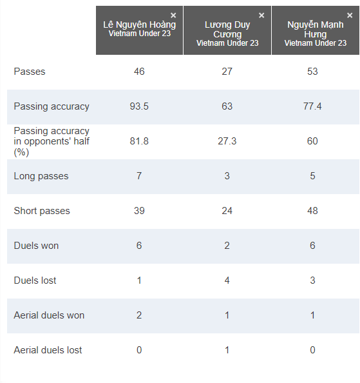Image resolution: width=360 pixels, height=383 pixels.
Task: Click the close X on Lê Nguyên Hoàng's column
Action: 173,15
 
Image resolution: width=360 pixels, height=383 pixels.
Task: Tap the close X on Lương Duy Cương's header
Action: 261,15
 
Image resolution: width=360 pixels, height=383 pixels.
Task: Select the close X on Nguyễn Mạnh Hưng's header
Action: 350,15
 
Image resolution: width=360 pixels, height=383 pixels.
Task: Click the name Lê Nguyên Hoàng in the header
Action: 140,25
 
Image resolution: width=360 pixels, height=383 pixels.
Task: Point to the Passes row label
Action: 30,72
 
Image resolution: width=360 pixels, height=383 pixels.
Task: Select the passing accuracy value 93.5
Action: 139,106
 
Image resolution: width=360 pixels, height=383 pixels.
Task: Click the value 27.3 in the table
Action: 227,141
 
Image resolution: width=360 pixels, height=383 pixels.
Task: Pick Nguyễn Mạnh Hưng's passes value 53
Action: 312,72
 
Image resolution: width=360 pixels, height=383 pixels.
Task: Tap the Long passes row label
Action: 41,176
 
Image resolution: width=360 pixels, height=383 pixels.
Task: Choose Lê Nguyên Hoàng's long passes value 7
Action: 139,176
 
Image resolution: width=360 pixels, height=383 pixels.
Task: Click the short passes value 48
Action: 312,211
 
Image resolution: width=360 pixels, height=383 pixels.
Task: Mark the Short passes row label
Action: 42,211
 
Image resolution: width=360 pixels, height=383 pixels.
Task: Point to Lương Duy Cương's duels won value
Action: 227,246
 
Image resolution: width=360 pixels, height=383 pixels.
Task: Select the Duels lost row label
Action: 35,280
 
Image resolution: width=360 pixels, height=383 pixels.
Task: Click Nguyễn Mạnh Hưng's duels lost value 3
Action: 312,280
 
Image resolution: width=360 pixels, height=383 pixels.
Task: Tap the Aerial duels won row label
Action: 49,315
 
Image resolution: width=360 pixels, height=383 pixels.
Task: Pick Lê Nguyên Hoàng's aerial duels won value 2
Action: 139,315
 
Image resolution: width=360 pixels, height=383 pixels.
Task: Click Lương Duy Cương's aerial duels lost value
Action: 227,350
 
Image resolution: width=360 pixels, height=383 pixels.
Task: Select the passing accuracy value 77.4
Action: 312,106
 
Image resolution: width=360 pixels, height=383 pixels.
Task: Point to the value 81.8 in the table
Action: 139,141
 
